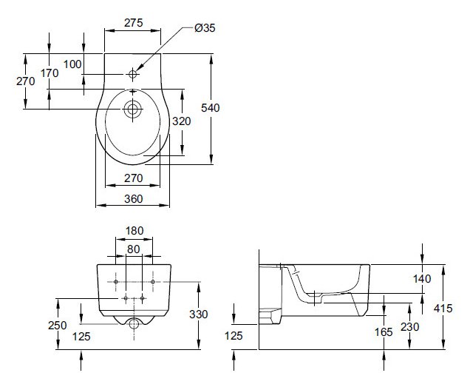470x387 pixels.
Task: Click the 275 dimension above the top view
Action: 133,23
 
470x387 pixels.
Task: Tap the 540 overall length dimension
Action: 211,108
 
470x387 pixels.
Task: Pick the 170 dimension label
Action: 49,73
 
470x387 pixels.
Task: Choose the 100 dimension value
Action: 72,64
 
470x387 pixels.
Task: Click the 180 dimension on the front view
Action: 134,231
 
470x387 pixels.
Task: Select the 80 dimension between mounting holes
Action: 134,249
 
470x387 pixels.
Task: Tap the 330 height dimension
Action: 199,314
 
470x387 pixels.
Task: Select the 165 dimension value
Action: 384,332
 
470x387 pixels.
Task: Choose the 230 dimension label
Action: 412,327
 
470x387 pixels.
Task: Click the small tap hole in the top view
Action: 133,74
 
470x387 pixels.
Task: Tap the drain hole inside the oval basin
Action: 133,109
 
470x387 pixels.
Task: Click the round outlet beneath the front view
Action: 134,324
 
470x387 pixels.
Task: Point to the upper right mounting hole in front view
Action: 152,282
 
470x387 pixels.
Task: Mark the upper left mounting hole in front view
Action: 116,282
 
